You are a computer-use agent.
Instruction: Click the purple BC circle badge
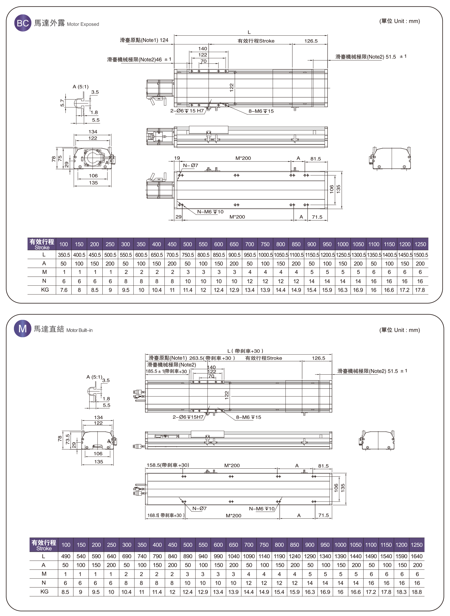click(23, 23)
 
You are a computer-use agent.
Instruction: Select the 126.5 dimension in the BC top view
click(311, 41)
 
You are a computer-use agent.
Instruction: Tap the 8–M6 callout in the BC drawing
click(261, 111)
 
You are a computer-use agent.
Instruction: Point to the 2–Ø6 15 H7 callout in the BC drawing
click(187, 111)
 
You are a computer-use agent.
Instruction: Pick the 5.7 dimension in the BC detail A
click(62, 103)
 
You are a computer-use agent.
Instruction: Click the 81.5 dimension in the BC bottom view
click(315, 159)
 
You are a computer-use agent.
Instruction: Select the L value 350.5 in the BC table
click(64, 255)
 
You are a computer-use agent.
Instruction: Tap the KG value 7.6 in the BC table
click(64, 290)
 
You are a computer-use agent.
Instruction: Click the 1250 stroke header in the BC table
click(420, 244)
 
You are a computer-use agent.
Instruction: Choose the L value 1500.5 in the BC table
click(420, 255)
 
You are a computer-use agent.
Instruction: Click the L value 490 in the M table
click(66, 556)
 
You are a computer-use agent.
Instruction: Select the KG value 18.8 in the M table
click(417, 592)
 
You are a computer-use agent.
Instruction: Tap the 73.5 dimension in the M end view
click(68, 439)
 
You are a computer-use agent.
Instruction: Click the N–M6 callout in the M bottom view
click(261, 509)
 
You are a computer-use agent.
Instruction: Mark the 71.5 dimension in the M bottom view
click(323, 515)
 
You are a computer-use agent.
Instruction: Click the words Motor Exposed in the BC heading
click(83, 24)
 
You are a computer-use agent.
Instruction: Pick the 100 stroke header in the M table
click(66, 545)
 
